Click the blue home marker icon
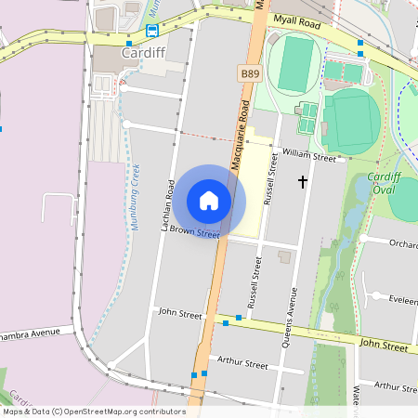pyautogui.click(x=209, y=200)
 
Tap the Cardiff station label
pyautogui.click(x=142, y=53)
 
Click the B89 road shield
pyautogui.click(x=249, y=72)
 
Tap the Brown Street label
pyautogui.click(x=194, y=230)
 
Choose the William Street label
pyautogui.click(x=309, y=155)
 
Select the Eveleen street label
pyautogui.click(x=403, y=301)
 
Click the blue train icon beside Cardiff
pyautogui.click(x=151, y=30)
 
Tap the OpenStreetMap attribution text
pyautogui.click(x=93, y=411)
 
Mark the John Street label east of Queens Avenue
pyautogui.click(x=384, y=345)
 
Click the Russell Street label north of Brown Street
pyautogui.click(x=272, y=179)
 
